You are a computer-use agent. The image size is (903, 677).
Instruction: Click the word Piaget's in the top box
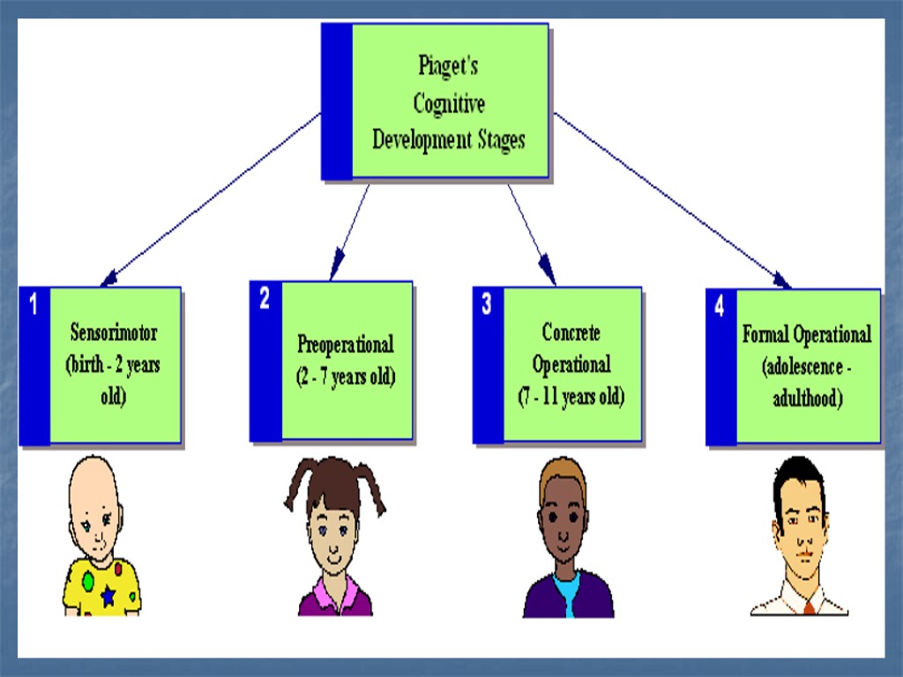448,66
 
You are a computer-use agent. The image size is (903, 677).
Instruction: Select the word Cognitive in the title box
449,103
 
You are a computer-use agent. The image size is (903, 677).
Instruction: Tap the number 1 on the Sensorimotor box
34,306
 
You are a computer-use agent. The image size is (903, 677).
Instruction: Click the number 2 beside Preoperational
265,300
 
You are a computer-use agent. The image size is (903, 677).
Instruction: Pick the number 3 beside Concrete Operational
487,305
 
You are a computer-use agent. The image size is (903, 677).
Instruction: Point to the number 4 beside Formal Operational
720,306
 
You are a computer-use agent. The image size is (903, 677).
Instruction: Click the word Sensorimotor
114,333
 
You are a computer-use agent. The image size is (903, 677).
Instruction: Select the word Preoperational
346,344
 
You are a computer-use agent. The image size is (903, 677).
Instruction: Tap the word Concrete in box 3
571,332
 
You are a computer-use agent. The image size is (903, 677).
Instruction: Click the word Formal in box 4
766,335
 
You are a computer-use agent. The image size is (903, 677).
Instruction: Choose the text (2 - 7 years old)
346,376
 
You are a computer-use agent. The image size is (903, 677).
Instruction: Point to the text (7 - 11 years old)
571,396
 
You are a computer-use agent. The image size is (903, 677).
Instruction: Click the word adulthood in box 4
807,398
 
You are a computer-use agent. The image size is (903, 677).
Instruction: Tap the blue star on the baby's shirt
108,597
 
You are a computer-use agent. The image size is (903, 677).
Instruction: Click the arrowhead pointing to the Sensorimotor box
108,280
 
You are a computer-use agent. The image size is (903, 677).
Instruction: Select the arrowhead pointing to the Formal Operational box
782,281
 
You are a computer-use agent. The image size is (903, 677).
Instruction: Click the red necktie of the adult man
809,607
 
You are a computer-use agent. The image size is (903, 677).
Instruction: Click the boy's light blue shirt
568,592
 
